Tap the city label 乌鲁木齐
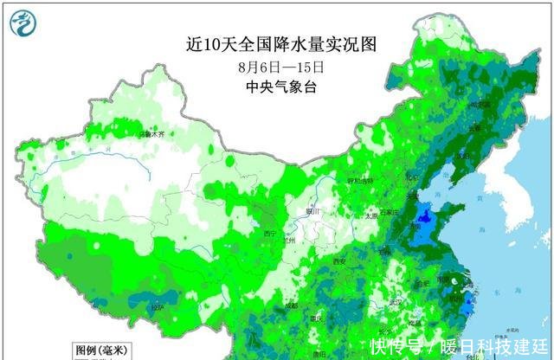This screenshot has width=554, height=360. [151, 134]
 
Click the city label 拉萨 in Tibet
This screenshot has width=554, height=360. [156, 307]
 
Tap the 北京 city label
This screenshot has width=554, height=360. [400, 179]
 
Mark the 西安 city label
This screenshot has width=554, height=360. [339, 261]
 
